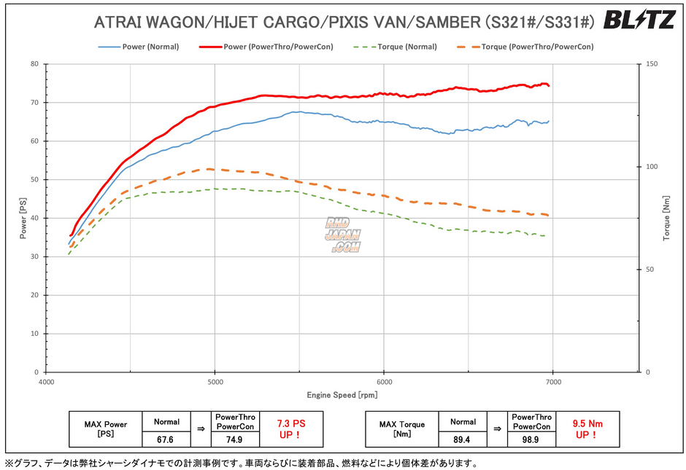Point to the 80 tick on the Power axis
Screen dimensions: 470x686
coord(34,64)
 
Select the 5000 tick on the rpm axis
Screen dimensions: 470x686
coord(215,382)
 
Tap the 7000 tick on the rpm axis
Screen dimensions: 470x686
coord(553,382)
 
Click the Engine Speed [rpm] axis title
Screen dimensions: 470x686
coord(342,395)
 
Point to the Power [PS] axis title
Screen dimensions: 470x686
coord(23,218)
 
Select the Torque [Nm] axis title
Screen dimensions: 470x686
coord(666,218)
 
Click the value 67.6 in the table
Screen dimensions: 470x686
coord(167,439)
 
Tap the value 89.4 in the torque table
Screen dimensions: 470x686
coord(463,439)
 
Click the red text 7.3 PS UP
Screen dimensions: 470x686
coord(291,428)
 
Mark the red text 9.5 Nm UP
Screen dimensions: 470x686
coord(587,428)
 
